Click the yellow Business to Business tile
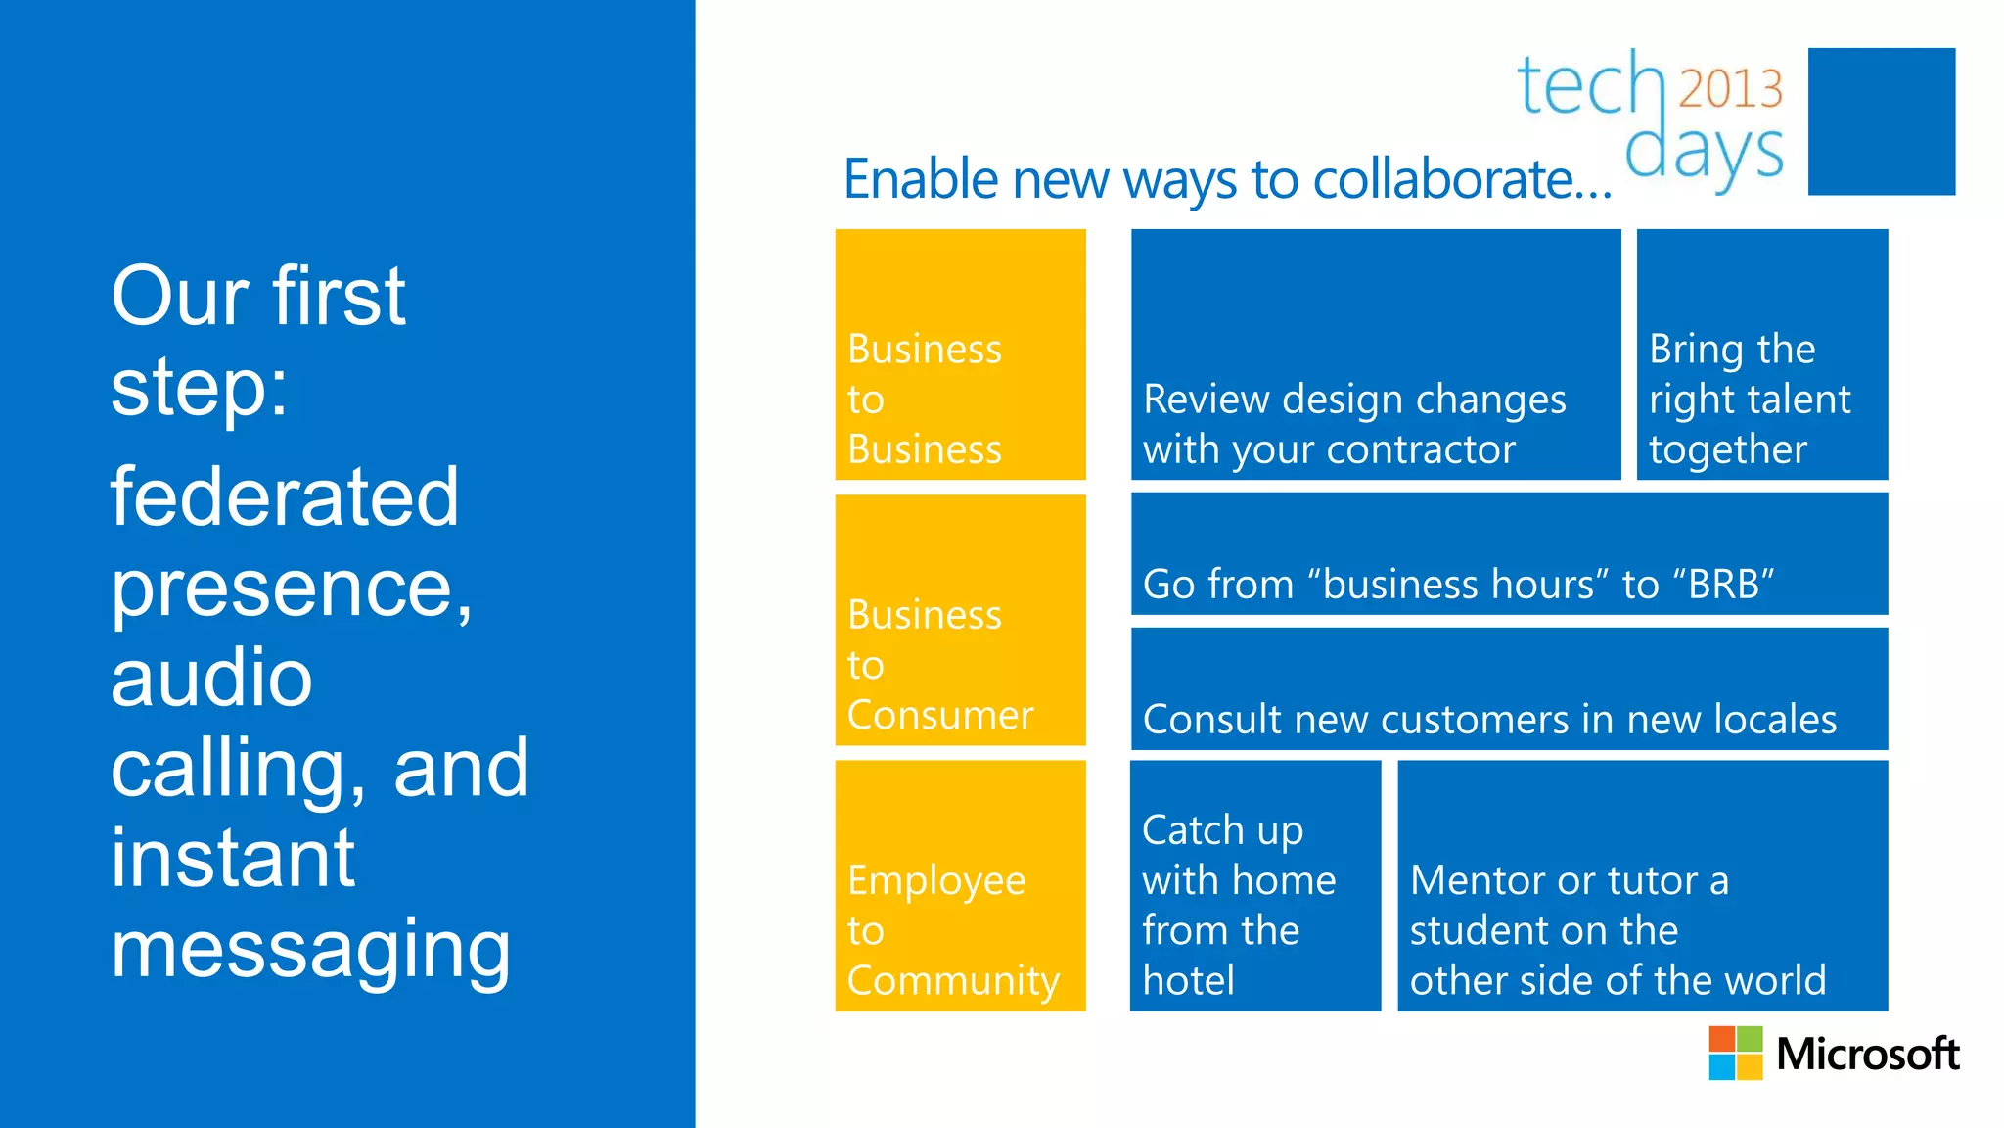(x=960, y=354)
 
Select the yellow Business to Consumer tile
(x=960, y=620)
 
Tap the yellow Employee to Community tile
(x=960, y=885)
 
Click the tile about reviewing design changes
(x=1375, y=354)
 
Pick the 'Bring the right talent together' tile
(x=1761, y=354)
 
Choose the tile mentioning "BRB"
(x=1509, y=554)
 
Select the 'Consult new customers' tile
(x=1509, y=689)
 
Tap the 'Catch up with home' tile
(x=1254, y=885)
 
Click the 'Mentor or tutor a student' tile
(x=1642, y=885)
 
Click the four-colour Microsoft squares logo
(x=1735, y=1053)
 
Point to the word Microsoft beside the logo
(x=1867, y=1055)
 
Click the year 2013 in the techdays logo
(x=1730, y=89)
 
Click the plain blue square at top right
(x=1881, y=121)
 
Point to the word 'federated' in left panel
(x=284, y=496)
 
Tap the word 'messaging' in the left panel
(x=310, y=948)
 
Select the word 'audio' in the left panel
(x=211, y=678)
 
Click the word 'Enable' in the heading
(x=921, y=179)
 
